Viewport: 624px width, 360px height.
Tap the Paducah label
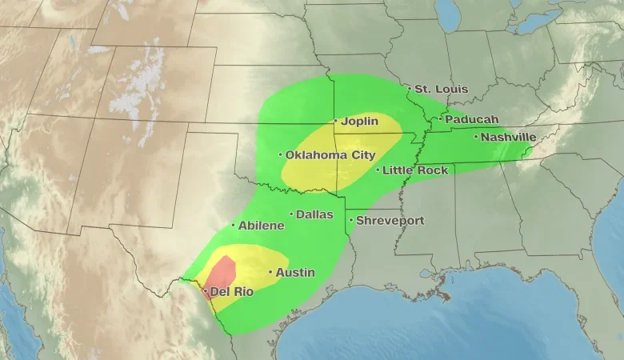[x=471, y=119]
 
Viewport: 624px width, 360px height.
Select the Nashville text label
[x=508, y=137]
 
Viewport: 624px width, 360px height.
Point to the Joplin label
[x=359, y=122]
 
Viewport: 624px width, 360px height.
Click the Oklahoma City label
[x=330, y=154]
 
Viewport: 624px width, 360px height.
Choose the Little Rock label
[x=415, y=170]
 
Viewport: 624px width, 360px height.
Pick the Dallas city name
[x=314, y=214]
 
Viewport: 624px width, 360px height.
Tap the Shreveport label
[x=390, y=220]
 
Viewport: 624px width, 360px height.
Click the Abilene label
[x=261, y=226]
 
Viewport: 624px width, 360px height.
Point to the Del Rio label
[x=232, y=292]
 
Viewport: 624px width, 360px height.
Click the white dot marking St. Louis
[x=410, y=89]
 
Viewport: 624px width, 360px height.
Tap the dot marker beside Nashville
[x=476, y=137]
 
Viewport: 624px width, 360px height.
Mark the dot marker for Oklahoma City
[x=280, y=154]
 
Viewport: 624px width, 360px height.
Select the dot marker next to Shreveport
[x=350, y=220]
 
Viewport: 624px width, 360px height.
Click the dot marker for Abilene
[x=234, y=226]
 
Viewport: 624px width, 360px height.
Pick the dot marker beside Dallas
[x=291, y=214]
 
